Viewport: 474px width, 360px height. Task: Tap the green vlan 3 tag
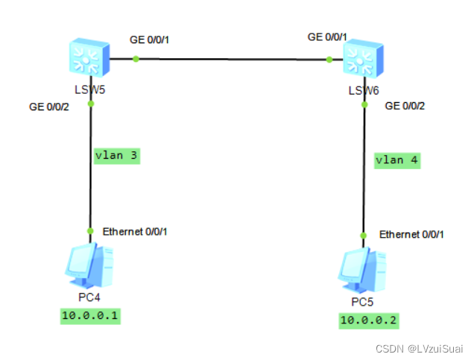pyautogui.click(x=117, y=156)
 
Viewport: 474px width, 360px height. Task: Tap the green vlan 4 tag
pyautogui.click(x=397, y=160)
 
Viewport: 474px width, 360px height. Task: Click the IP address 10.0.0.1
pyautogui.click(x=90, y=316)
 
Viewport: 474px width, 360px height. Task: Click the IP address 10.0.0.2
pyautogui.click(x=369, y=320)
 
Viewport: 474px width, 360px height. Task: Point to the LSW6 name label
pyautogui.click(x=363, y=91)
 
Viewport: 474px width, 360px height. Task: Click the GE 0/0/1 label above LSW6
pyautogui.click(x=327, y=37)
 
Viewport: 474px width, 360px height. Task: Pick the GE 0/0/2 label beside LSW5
pyautogui.click(x=49, y=107)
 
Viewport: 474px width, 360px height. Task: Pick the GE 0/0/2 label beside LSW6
pyautogui.click(x=405, y=106)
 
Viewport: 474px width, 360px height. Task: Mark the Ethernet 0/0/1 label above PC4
pyautogui.click(x=136, y=231)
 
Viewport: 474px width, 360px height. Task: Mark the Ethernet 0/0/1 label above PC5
pyautogui.click(x=411, y=234)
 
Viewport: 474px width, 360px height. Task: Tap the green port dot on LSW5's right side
pyautogui.click(x=136, y=60)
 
